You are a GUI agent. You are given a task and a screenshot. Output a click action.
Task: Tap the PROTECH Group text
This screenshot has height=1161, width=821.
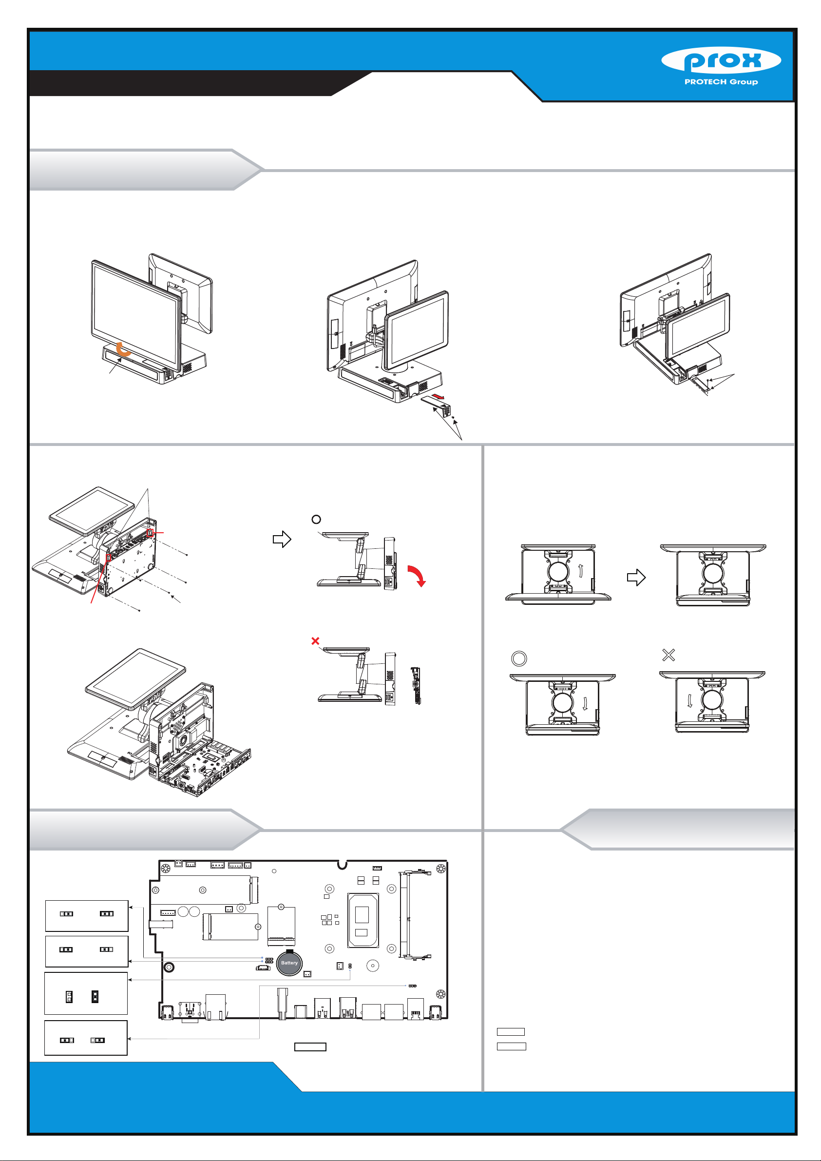[721, 82]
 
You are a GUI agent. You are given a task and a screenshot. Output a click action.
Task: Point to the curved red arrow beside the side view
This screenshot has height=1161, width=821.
[418, 576]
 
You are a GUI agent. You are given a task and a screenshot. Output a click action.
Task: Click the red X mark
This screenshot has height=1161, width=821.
[315, 640]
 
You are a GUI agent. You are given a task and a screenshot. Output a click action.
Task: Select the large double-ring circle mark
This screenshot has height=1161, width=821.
[519, 658]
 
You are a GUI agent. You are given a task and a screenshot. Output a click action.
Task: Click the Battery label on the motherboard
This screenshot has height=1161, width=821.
[289, 963]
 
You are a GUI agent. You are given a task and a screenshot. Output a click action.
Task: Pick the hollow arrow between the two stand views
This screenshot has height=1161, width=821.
[636, 578]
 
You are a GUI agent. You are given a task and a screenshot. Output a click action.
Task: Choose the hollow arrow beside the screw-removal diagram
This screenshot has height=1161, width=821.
[282, 539]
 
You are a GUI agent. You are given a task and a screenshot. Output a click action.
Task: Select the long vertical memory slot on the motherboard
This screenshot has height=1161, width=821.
[404, 915]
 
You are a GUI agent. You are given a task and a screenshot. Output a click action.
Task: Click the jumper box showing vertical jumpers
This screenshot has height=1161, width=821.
[86, 993]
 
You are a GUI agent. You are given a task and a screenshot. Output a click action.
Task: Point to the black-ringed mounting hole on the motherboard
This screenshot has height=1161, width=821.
[170, 967]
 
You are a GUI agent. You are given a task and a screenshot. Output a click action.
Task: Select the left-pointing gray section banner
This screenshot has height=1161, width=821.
[677, 830]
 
